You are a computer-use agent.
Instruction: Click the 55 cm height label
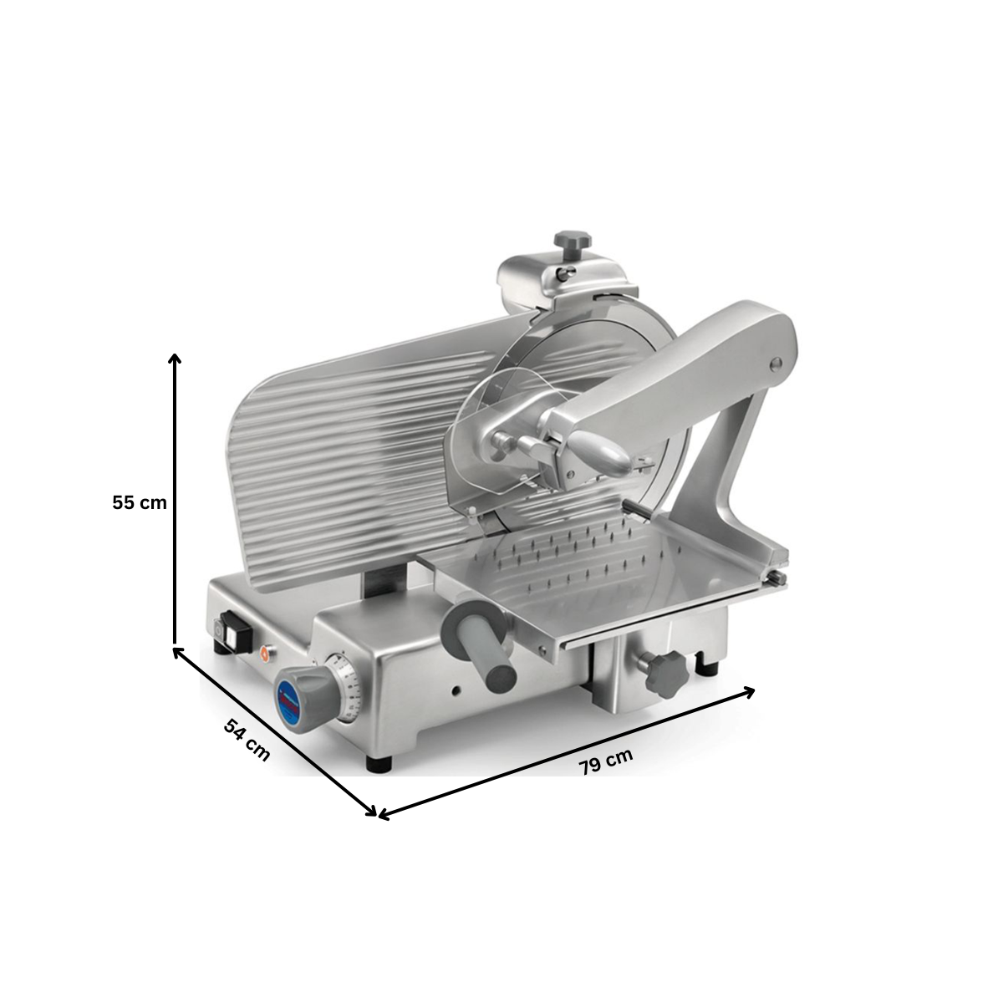point(140,503)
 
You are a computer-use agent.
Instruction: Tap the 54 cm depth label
point(247,739)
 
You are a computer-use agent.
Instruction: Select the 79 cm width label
point(605,761)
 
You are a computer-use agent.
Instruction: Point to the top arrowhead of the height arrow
point(175,359)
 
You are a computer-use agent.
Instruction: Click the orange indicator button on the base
point(267,653)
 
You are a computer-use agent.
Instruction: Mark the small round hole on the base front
point(456,691)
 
